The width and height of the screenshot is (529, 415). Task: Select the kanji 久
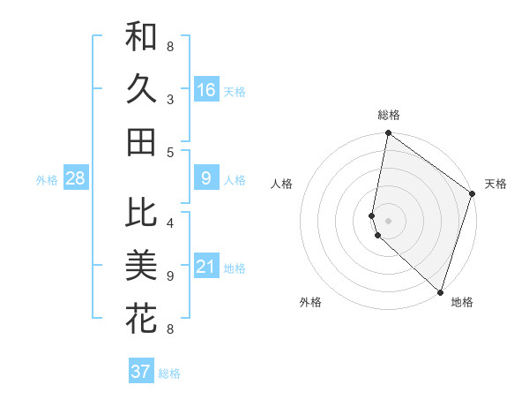141,89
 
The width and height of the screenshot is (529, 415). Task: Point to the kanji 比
141,212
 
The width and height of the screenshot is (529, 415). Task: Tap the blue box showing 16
206,90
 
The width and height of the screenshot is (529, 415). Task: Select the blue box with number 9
206,178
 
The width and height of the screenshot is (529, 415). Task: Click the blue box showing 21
206,267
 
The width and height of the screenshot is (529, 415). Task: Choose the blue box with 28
75,178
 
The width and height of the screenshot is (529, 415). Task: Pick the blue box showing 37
140,372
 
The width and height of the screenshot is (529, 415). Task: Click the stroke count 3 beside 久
170,99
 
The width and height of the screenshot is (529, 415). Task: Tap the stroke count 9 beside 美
170,275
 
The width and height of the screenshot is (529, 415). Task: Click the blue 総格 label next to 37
169,373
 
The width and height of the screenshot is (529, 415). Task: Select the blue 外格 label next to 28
47,180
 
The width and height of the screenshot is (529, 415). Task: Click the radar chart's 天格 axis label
495,184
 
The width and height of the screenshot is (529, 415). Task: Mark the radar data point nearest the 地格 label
440,292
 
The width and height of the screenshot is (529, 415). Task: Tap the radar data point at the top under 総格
388,134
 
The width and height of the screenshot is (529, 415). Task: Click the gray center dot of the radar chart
388,221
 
